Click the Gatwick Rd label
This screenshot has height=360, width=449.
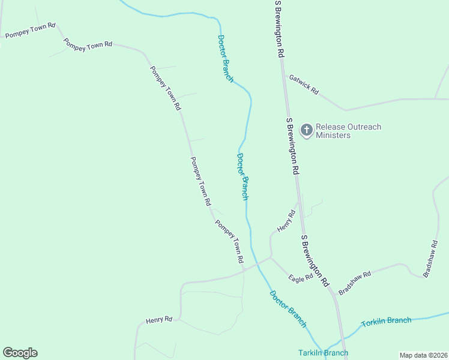tap(304, 83)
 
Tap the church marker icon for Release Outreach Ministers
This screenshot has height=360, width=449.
tap(306, 130)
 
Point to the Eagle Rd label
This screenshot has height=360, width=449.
tap(300, 278)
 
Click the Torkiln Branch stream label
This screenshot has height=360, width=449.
tap(387, 322)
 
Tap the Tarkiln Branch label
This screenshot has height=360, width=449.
tap(323, 353)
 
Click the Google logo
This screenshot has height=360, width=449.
tap(20, 353)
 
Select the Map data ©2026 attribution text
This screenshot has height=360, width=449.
tap(423, 355)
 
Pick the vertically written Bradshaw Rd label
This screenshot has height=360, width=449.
tap(430, 259)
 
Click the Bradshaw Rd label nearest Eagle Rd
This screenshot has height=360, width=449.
tap(355, 283)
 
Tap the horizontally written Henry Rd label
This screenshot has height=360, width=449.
tap(159, 320)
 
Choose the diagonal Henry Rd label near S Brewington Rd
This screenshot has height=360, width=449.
tap(286, 221)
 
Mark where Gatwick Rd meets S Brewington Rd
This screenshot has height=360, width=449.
tap(284, 74)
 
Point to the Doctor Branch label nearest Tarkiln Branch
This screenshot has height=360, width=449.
tap(288, 309)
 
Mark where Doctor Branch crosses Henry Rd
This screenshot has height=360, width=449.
tap(255, 262)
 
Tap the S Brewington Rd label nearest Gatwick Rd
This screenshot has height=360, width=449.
tap(279, 29)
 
